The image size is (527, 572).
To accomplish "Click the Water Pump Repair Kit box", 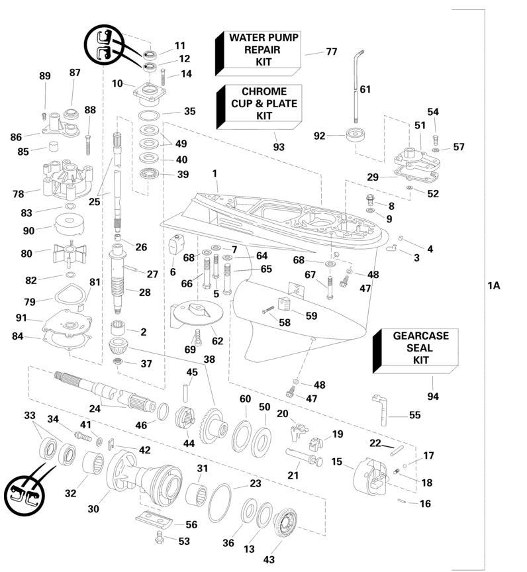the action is coord(258,53).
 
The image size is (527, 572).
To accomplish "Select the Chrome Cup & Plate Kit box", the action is coord(260,107).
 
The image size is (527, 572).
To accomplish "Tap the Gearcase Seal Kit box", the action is coord(415,351).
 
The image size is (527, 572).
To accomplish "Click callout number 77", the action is coord(332,52).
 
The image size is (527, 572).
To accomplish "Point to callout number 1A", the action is coord(494,285).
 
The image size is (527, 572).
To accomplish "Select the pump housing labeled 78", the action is coord(67,179).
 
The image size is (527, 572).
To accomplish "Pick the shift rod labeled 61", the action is coord(356,87).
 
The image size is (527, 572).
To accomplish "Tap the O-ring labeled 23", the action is coord(220,503).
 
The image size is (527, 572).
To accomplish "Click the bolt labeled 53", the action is coord(160,537).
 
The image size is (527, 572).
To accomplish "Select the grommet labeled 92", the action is coord(356,135).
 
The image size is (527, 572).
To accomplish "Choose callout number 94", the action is coord(433,396).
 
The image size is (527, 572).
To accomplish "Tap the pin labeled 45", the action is coord(185,391).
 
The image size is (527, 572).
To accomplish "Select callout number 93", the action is coord(279,147).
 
